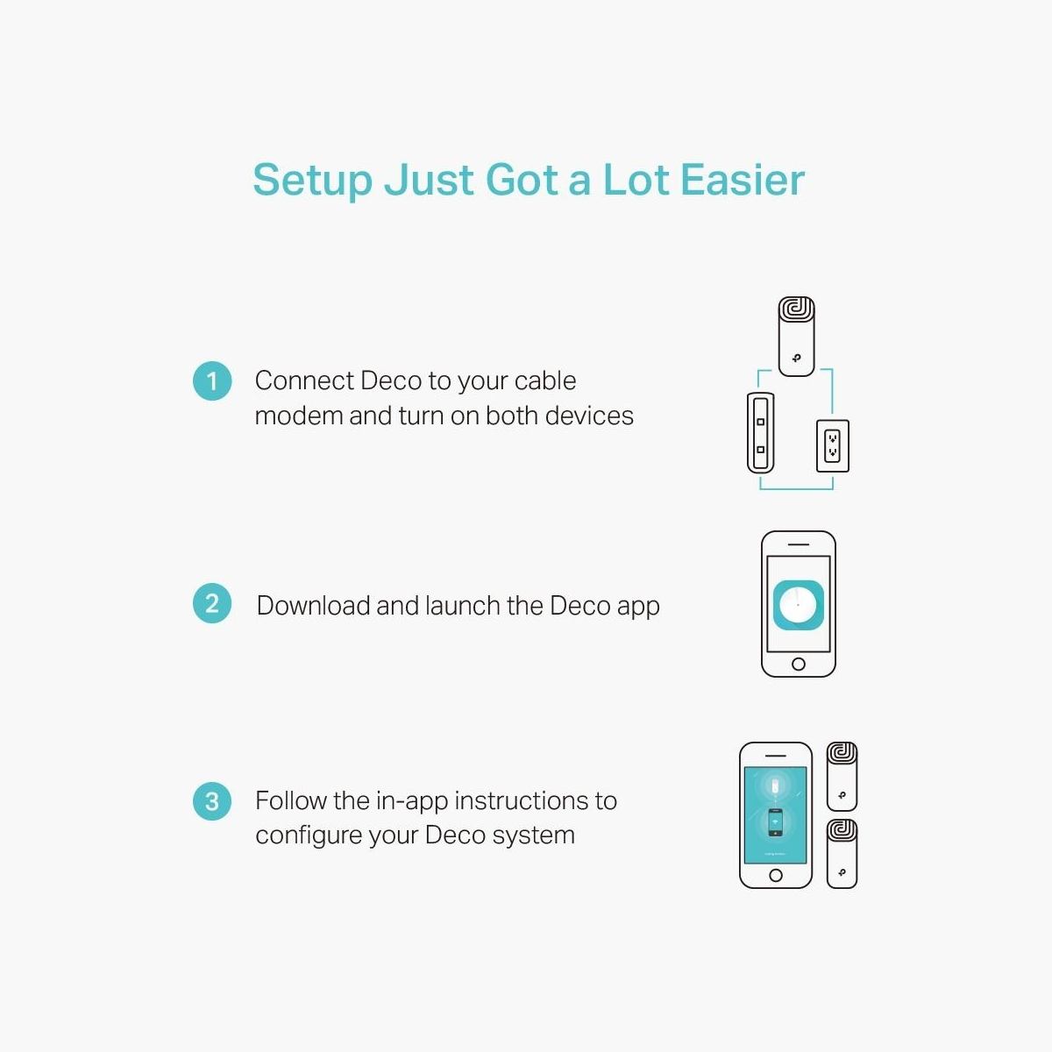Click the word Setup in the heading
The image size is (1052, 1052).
pos(313,181)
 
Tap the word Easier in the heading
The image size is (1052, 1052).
pos(743,180)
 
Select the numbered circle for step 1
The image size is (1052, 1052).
pos(212,381)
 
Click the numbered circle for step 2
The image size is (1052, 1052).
pos(212,603)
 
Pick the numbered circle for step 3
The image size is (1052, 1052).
pos(212,801)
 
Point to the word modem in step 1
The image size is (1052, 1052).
pos(298,416)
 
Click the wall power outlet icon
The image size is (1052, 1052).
pos(833,445)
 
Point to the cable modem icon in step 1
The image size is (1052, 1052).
pos(760,433)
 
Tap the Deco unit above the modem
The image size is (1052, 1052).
pos(797,337)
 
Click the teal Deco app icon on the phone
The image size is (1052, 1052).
pos(798,605)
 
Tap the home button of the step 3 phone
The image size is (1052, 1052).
pos(775,876)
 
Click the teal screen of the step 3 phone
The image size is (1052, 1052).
pos(775,815)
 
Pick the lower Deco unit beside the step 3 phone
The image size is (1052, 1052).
pos(842,854)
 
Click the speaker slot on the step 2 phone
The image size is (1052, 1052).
pos(798,544)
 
